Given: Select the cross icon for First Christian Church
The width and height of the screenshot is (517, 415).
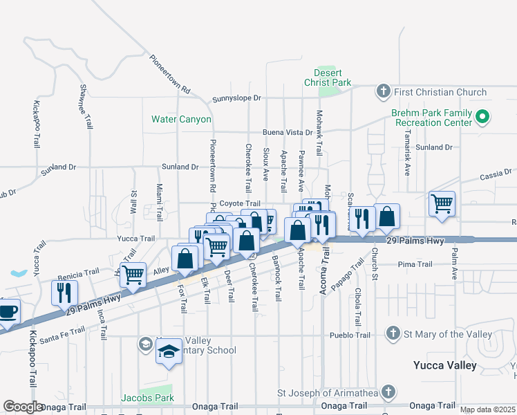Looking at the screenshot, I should coord(383,91).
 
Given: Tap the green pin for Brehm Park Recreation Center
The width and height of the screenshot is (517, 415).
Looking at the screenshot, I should coord(483,118).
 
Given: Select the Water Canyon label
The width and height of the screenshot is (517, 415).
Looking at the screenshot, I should coord(182,119).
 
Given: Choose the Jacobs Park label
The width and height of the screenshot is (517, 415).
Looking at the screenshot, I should coord(147,398).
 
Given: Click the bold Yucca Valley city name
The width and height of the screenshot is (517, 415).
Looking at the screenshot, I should coord(445,365).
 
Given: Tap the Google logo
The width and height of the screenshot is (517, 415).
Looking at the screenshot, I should coord(23,407).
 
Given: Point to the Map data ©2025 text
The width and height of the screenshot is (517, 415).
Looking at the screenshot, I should coord(488,409).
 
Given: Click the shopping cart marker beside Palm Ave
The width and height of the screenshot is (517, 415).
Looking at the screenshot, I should coord(442,204).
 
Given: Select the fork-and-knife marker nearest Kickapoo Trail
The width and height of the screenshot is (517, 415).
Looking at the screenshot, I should coord(64,292).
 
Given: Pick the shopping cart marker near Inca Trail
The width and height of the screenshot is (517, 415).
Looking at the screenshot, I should coord(133,275).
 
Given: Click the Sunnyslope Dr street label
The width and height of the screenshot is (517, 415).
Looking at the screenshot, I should coord(236,98).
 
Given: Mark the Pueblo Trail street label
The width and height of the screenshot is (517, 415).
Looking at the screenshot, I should coord(350,335).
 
